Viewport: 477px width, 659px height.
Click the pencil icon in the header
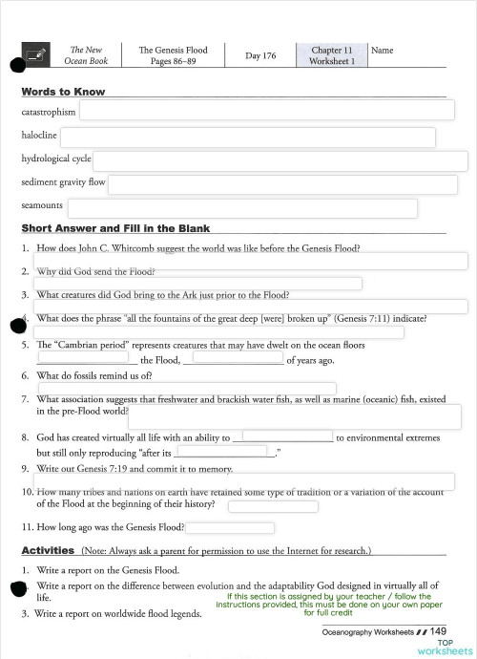37,55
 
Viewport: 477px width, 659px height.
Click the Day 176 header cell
260,55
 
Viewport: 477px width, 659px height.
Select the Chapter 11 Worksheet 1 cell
331,55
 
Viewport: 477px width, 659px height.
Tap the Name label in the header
381,50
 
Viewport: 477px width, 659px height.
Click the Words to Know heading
63,92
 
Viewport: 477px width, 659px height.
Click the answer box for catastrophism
266,111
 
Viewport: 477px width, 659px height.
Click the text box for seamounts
242,207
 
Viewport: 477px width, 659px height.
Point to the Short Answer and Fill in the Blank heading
115,228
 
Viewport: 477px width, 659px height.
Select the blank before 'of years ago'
232,360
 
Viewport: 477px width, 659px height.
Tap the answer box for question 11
231,527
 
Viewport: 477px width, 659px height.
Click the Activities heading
48,551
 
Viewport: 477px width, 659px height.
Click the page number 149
438,631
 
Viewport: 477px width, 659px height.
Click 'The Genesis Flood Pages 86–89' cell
173,55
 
